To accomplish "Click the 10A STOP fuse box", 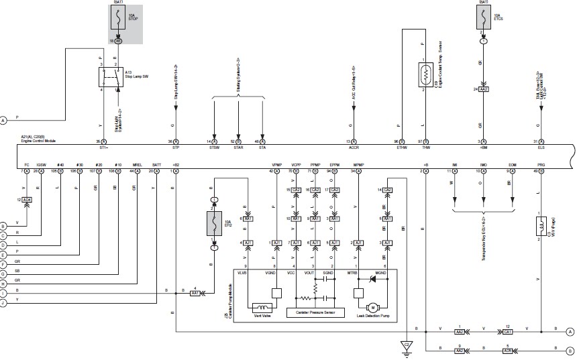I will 118,19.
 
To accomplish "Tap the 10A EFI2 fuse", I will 214,224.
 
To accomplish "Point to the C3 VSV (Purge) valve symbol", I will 539,227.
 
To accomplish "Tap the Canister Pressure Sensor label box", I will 315,312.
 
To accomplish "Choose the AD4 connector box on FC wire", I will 26,200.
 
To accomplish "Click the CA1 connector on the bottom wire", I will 508,331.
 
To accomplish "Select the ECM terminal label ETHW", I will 402,149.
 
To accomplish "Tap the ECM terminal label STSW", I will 215,149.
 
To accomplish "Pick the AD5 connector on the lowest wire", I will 508,349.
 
